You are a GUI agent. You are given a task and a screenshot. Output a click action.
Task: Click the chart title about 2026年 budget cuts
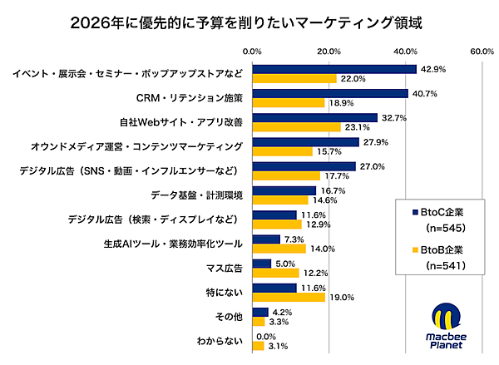click(x=249, y=20)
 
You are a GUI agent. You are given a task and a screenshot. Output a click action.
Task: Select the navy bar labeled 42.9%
click(x=333, y=69)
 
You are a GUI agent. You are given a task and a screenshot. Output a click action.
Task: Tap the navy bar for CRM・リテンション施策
click(x=329, y=93)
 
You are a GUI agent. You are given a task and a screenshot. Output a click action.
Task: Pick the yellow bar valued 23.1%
click(x=296, y=127)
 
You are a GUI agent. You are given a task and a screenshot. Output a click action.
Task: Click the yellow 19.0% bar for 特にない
click(x=289, y=297)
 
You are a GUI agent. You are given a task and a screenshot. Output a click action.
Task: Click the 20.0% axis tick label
click(x=329, y=52)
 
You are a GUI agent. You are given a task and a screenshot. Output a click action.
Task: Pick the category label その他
click(x=230, y=316)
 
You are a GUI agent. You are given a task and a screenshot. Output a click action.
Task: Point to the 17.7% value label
click(x=338, y=175)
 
